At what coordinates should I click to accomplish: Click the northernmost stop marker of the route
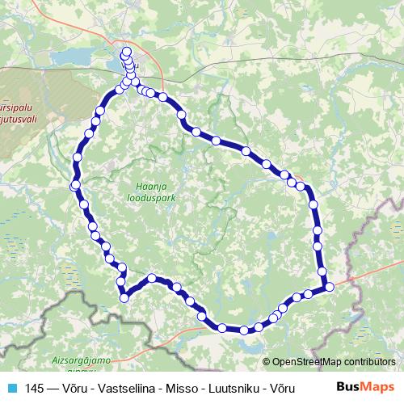click(126, 53)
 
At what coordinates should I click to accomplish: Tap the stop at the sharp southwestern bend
click(124, 297)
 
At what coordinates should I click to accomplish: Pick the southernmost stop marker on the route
click(242, 330)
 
